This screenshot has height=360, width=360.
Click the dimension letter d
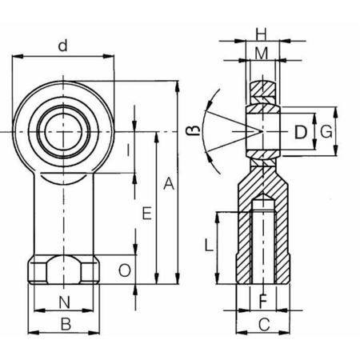62,46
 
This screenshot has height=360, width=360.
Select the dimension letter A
169,184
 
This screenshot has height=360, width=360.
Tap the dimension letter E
147,214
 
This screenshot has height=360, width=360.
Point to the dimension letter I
129,150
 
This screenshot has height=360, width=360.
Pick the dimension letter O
125,270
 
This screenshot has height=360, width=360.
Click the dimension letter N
64,302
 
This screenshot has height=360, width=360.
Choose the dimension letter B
66,324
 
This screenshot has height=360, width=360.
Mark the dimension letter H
262,34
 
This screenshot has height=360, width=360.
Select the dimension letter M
262,54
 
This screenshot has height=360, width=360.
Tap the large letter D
301,132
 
